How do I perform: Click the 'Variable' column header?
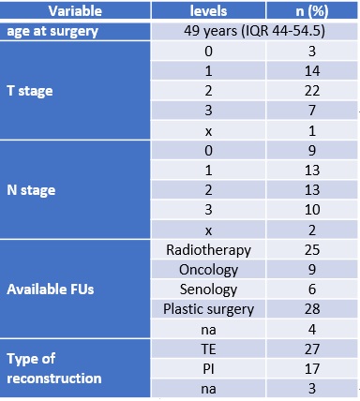coord(75,11)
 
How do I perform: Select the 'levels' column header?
coord(208,11)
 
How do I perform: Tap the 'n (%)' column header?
coord(312,11)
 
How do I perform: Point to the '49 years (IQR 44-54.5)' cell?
coord(254,31)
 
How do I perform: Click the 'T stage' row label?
coord(30,91)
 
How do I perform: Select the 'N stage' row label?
coord(31,190)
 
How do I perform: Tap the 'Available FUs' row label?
coord(51,290)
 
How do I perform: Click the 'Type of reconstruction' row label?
coord(54,368)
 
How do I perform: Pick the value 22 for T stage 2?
coord(312,91)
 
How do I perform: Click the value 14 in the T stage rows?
coord(312,71)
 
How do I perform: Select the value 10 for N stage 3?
coord(312,210)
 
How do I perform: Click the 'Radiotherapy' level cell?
coord(208,250)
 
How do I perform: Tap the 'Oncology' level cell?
coord(208,270)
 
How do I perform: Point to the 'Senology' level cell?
coord(208,290)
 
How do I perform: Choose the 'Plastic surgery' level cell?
coord(208,309)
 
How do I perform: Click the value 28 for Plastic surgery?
coord(312,309)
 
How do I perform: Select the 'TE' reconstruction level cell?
coord(208,349)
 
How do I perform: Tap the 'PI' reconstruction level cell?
coord(208,369)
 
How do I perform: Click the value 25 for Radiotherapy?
coord(312,250)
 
